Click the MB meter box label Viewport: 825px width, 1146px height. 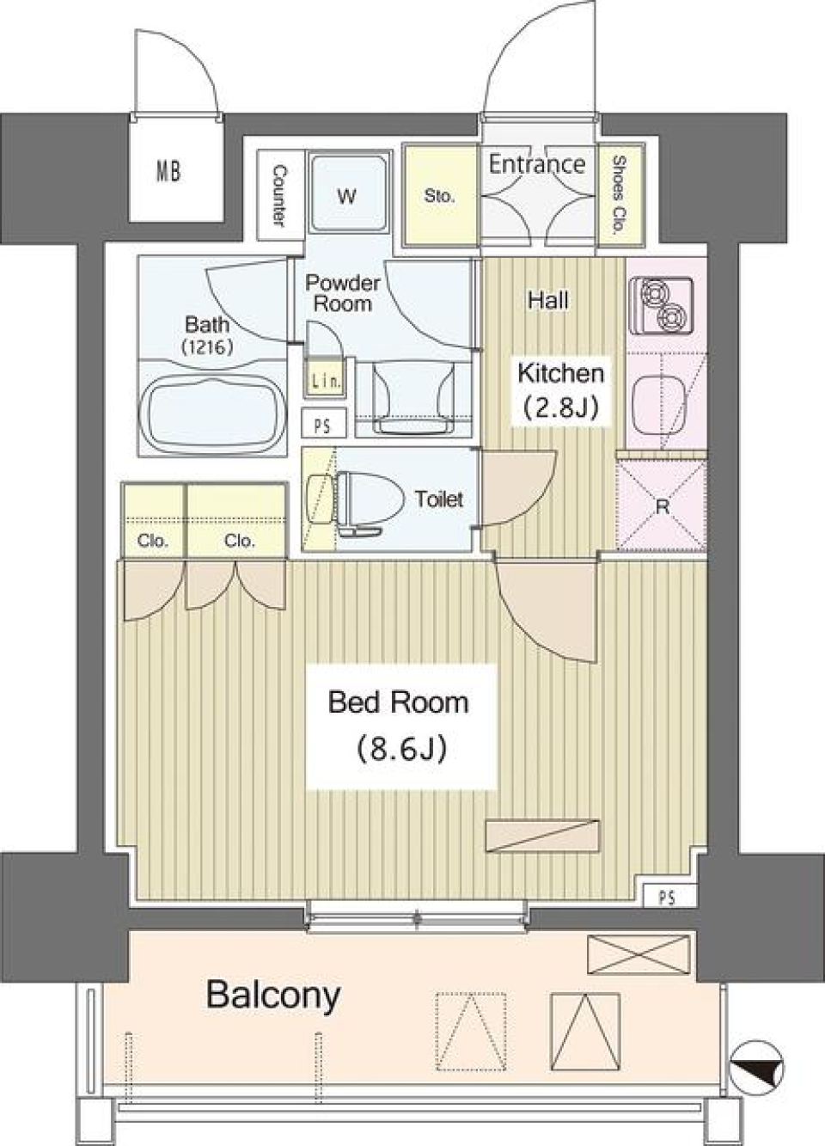click(x=168, y=171)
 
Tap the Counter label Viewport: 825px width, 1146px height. click(x=279, y=196)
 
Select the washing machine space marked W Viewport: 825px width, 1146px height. click(x=346, y=196)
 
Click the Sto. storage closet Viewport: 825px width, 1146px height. click(x=439, y=196)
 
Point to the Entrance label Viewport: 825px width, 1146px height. click(x=536, y=163)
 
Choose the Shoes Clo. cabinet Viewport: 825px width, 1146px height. click(x=619, y=196)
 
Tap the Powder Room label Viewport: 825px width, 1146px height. click(x=342, y=292)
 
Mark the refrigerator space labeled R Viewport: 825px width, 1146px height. click(x=661, y=506)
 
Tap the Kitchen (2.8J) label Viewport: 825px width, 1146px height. click(x=560, y=389)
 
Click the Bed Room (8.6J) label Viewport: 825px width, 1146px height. click(x=400, y=725)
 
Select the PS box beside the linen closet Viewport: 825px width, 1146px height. click(x=323, y=425)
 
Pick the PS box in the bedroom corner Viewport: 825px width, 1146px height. click(x=667, y=897)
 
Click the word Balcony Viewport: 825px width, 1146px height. click(x=273, y=996)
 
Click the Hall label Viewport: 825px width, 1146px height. click(x=548, y=300)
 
